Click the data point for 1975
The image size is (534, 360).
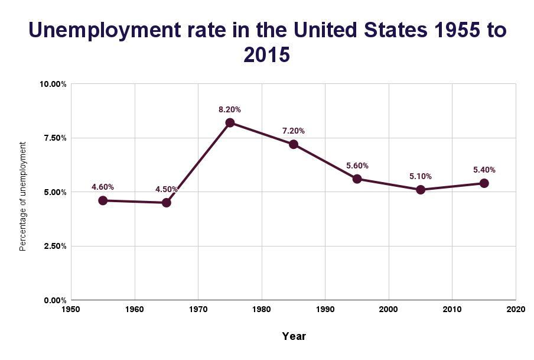(230, 123)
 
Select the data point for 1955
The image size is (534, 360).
(103, 200)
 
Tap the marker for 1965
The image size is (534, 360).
(167, 203)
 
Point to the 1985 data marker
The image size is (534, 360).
(294, 144)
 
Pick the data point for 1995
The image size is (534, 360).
(357, 179)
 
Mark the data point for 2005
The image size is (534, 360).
(421, 190)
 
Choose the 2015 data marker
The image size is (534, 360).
(484, 183)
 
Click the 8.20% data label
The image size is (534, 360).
(230, 110)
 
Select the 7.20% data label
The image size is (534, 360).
(294, 131)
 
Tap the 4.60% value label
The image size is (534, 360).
(103, 187)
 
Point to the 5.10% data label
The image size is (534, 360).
(421, 176)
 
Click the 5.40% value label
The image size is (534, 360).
(484, 170)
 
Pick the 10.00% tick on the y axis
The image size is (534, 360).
(53, 84)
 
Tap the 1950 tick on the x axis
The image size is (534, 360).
(71, 309)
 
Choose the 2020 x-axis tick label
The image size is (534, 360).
(516, 309)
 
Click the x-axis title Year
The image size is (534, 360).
(294, 336)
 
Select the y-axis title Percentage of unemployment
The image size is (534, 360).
(23, 196)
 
